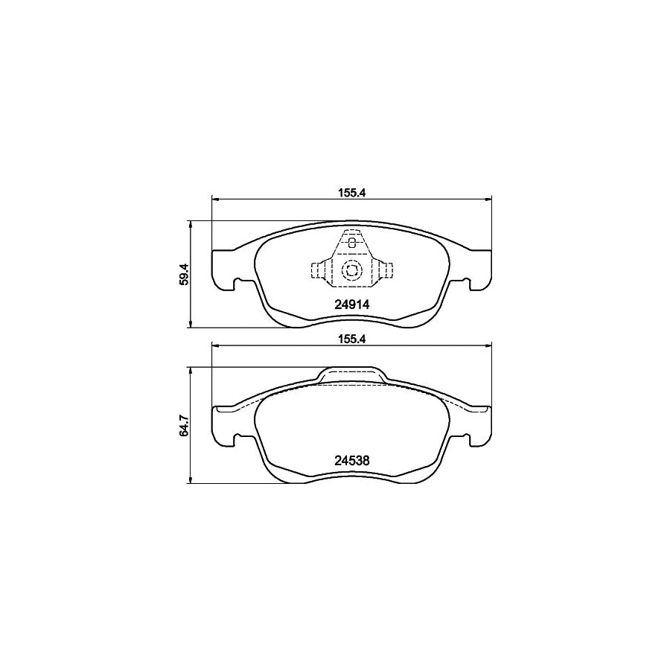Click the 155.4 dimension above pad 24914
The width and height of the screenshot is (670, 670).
point(352,193)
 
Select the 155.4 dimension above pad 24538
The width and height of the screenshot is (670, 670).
point(352,339)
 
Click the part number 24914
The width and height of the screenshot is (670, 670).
point(351,304)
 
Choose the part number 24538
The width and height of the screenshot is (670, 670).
point(351,461)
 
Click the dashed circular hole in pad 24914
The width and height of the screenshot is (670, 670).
point(352,269)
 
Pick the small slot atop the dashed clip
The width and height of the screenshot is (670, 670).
point(351,243)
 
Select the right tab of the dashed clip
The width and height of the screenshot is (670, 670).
point(386,270)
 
